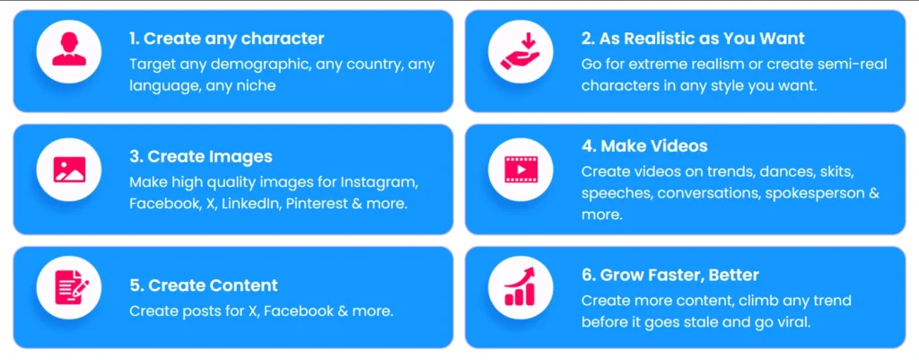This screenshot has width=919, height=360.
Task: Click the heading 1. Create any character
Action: [226, 39]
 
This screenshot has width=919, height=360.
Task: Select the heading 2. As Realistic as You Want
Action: [693, 39]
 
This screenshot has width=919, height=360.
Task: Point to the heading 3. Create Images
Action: [201, 157]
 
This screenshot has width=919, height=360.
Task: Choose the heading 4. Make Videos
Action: [644, 145]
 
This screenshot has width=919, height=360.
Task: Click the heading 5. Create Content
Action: [204, 285]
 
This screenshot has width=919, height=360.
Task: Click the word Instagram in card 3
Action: [385, 182]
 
